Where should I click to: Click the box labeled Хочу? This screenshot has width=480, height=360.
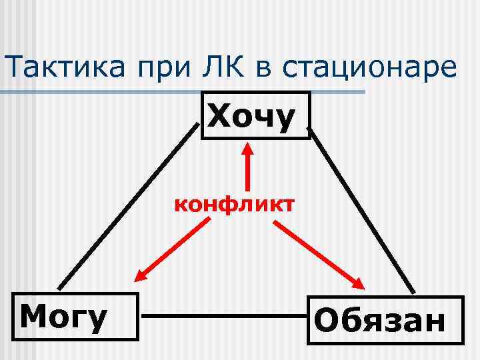[x=255, y=116]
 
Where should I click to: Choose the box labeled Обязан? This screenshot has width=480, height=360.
[x=385, y=321]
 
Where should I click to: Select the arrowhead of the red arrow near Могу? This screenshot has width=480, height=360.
[x=142, y=274]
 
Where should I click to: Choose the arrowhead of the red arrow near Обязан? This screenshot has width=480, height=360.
[x=357, y=281]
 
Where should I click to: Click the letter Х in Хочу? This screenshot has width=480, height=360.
[x=221, y=117]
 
